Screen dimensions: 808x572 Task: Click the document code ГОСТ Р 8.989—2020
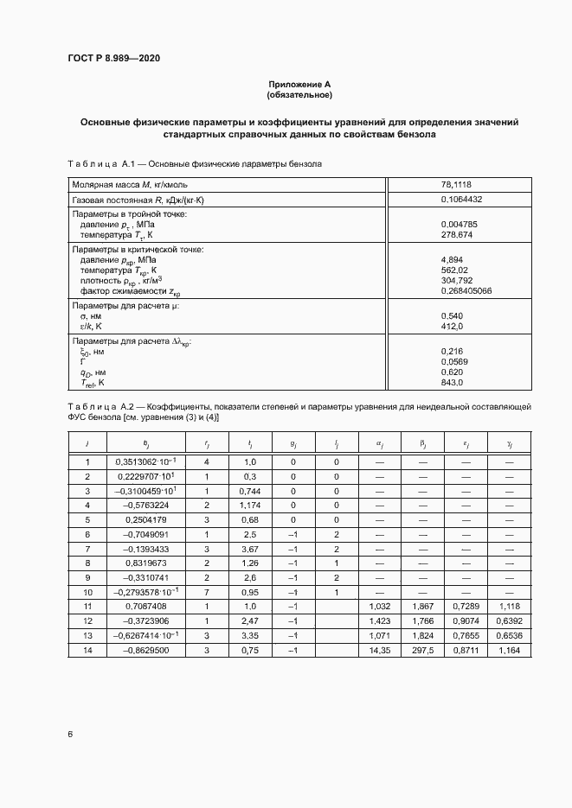113,59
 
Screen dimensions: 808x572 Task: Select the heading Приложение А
299,84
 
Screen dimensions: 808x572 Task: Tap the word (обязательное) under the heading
299,94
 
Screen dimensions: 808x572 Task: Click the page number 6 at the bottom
69,734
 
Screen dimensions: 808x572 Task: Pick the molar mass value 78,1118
456,184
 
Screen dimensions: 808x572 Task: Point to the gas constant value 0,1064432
461,200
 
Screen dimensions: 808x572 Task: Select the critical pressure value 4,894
453,259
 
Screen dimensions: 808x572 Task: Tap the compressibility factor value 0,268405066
466,290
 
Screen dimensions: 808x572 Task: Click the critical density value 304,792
456,280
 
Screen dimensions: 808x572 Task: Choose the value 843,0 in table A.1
453,382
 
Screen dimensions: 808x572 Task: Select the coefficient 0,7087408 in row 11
147,608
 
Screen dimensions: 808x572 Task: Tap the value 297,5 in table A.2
423,651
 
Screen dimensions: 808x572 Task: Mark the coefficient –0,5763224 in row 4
147,505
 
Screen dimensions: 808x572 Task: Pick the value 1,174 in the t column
249,505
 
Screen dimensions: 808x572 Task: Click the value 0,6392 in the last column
508,622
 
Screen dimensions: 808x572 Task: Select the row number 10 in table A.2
87,593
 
